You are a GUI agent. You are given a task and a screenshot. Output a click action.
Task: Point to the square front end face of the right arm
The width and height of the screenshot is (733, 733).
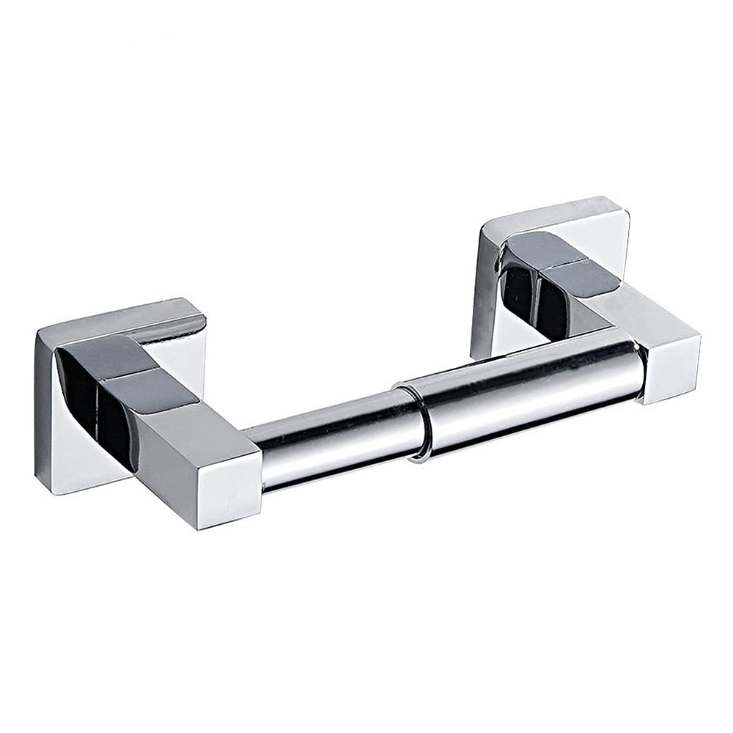pyautogui.click(x=671, y=366)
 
